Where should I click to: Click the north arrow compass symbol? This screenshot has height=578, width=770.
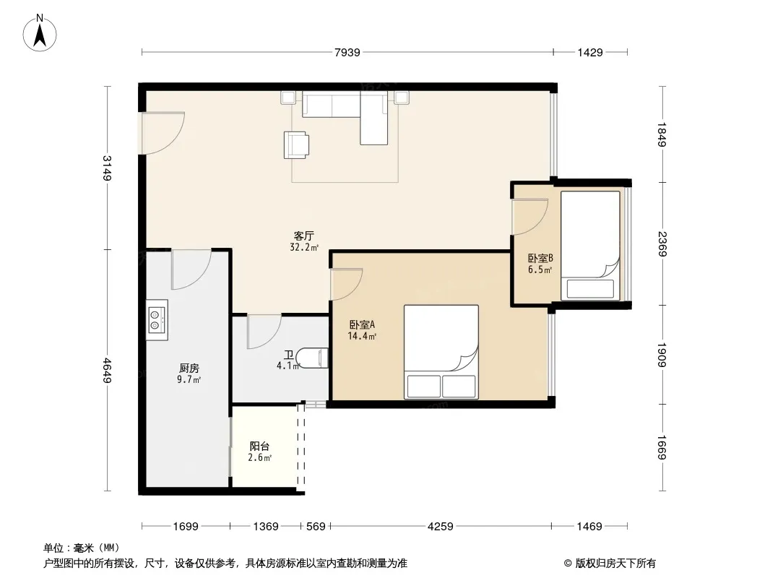tap(40, 33)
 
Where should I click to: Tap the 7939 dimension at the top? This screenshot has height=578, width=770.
tap(347, 52)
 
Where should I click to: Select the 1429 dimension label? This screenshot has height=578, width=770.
tap(589, 52)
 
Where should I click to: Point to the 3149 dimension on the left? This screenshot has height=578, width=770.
tap(107, 168)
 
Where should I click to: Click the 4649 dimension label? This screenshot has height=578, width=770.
tap(107, 371)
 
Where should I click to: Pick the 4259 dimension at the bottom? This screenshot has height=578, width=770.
tap(441, 527)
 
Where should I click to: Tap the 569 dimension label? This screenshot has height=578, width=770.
tap(316, 527)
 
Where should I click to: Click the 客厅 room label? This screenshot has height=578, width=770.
tap(304, 236)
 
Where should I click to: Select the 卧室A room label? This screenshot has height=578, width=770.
tap(363, 324)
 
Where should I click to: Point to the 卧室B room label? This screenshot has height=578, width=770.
tap(541, 258)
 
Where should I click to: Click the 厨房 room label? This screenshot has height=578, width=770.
tap(189, 368)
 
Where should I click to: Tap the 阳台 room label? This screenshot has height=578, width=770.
tap(259, 446)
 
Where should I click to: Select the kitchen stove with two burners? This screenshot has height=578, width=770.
tap(157, 319)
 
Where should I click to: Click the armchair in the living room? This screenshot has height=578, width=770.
tap(297, 145)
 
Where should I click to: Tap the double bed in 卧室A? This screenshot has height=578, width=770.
tap(441, 352)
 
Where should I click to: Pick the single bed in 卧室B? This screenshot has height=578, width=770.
tap(590, 245)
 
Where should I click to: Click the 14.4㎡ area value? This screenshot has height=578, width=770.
tap(363, 337)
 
